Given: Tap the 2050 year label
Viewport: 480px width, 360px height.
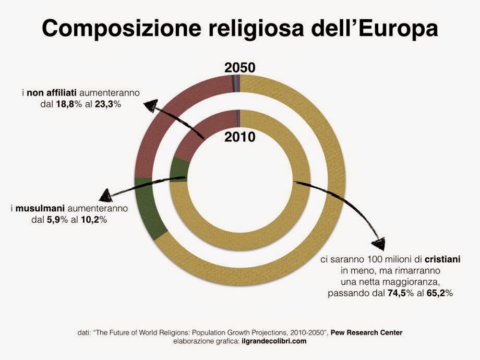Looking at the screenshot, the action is pyautogui.click(x=239, y=68).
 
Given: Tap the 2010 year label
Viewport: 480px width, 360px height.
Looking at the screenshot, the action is pyautogui.click(x=239, y=137).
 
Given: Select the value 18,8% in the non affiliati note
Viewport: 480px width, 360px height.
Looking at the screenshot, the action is pyautogui.click(x=69, y=104).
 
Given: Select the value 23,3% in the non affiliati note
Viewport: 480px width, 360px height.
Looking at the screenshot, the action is pyautogui.click(x=108, y=104).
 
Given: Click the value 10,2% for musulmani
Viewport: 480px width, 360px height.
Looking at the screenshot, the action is pyautogui.click(x=94, y=220).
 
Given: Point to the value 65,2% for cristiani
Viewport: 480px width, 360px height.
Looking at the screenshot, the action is pyautogui.click(x=440, y=293).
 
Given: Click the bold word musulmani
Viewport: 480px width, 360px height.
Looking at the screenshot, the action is pyautogui.click(x=40, y=209).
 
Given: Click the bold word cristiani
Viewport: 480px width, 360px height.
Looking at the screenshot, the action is pyautogui.click(x=442, y=259).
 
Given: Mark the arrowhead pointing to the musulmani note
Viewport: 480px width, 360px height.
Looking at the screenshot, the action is pyautogui.click(x=106, y=196).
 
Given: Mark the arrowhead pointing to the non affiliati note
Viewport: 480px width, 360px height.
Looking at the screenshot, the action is pyautogui.click(x=150, y=105).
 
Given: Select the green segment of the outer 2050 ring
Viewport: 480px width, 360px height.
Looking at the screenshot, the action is pyautogui.click(x=149, y=208).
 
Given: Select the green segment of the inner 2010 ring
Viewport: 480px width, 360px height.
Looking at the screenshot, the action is pyautogui.click(x=178, y=170).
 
